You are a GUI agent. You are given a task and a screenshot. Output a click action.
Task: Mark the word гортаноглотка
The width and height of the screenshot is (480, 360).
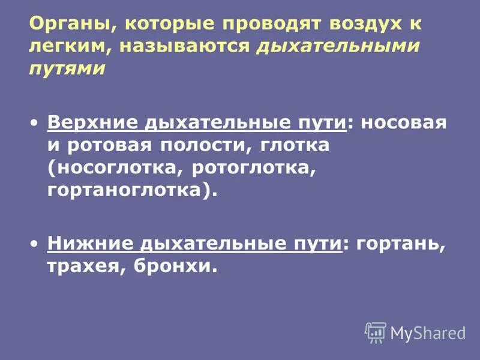coord(126,190)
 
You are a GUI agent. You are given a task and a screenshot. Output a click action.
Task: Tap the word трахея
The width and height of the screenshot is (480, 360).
coord(82,266)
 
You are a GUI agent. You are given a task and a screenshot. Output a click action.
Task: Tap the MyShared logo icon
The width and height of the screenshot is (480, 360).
coord(376,332)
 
